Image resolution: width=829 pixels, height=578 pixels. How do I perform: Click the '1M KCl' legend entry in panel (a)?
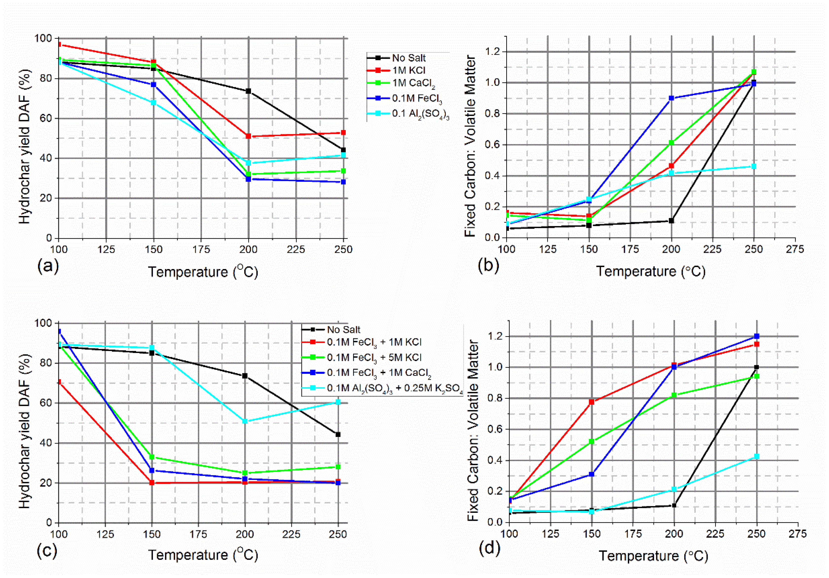[x=408, y=70]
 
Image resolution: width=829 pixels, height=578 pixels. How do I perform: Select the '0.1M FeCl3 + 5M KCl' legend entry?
[x=374, y=357]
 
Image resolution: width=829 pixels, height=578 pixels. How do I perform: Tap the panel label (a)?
[x=48, y=266]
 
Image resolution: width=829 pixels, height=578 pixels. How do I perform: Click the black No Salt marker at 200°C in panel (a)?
[x=248, y=91]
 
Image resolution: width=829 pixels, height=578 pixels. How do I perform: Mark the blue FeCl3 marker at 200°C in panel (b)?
[x=671, y=98]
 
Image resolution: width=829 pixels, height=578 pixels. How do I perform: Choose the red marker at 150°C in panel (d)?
[x=591, y=402]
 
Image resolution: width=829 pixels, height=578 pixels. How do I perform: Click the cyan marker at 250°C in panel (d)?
[x=757, y=457]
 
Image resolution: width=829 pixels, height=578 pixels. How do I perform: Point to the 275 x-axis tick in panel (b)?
[x=795, y=249]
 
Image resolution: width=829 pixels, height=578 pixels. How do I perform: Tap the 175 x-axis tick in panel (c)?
[x=198, y=534]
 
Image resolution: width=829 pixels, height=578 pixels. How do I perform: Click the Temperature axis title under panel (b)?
[x=650, y=271]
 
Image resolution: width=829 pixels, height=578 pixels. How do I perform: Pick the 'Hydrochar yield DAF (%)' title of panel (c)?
[x=25, y=432]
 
